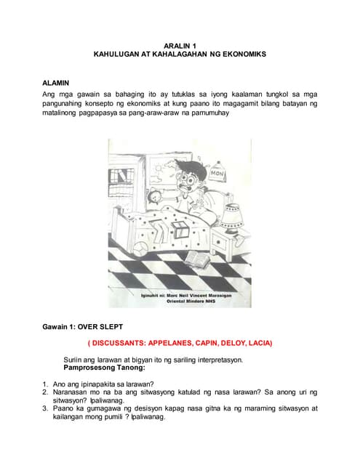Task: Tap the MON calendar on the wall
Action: pyautogui.click(x=217, y=174)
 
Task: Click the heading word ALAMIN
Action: pyautogui.click(x=56, y=84)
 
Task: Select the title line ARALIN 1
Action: pyautogui.click(x=180, y=46)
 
